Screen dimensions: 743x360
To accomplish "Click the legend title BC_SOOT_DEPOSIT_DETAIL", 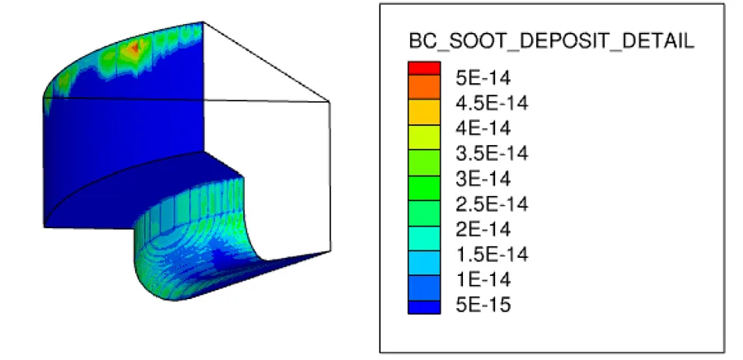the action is tap(552, 42).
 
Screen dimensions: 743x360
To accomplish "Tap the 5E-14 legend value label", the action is tap(484, 77).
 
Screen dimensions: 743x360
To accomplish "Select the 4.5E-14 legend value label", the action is tap(492, 103).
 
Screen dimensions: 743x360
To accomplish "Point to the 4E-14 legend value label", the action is tap(484, 129).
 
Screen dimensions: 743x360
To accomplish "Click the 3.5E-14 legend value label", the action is tap(492, 153).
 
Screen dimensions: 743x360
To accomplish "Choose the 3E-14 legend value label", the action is tap(484, 179).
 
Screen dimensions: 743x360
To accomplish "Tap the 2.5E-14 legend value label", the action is tap(492, 204).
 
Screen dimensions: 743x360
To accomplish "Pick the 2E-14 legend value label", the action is tap(484, 230).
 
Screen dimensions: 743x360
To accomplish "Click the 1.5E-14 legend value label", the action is tap(492, 255).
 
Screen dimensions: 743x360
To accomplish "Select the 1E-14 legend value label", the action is tap(484, 280).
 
